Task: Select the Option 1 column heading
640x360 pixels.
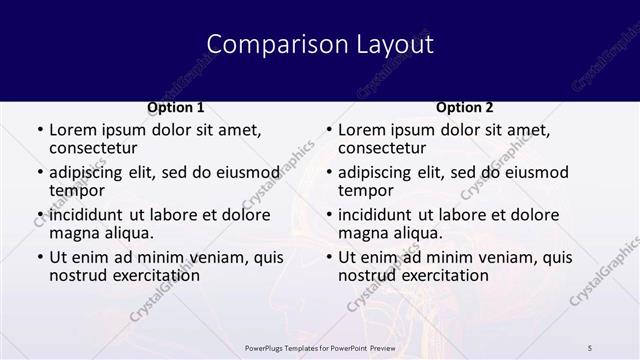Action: click(176, 107)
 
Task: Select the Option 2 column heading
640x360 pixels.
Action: click(465, 107)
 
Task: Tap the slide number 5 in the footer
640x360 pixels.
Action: click(591, 347)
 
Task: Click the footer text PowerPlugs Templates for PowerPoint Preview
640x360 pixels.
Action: click(320, 347)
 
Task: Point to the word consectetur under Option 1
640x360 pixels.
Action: click(93, 149)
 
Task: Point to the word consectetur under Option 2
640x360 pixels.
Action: click(382, 149)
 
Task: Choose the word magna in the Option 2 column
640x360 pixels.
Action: click(362, 233)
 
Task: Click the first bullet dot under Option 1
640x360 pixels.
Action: click(38, 130)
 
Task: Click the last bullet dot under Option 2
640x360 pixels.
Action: click(327, 257)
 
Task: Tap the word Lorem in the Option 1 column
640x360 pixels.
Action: click(72, 130)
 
